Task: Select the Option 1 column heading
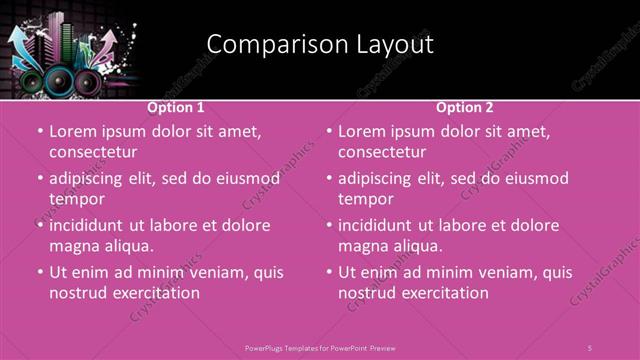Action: point(176,107)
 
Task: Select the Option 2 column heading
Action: point(465,107)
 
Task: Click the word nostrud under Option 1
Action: point(76,293)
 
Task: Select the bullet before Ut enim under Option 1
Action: point(39,272)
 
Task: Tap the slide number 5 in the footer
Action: point(590,346)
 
